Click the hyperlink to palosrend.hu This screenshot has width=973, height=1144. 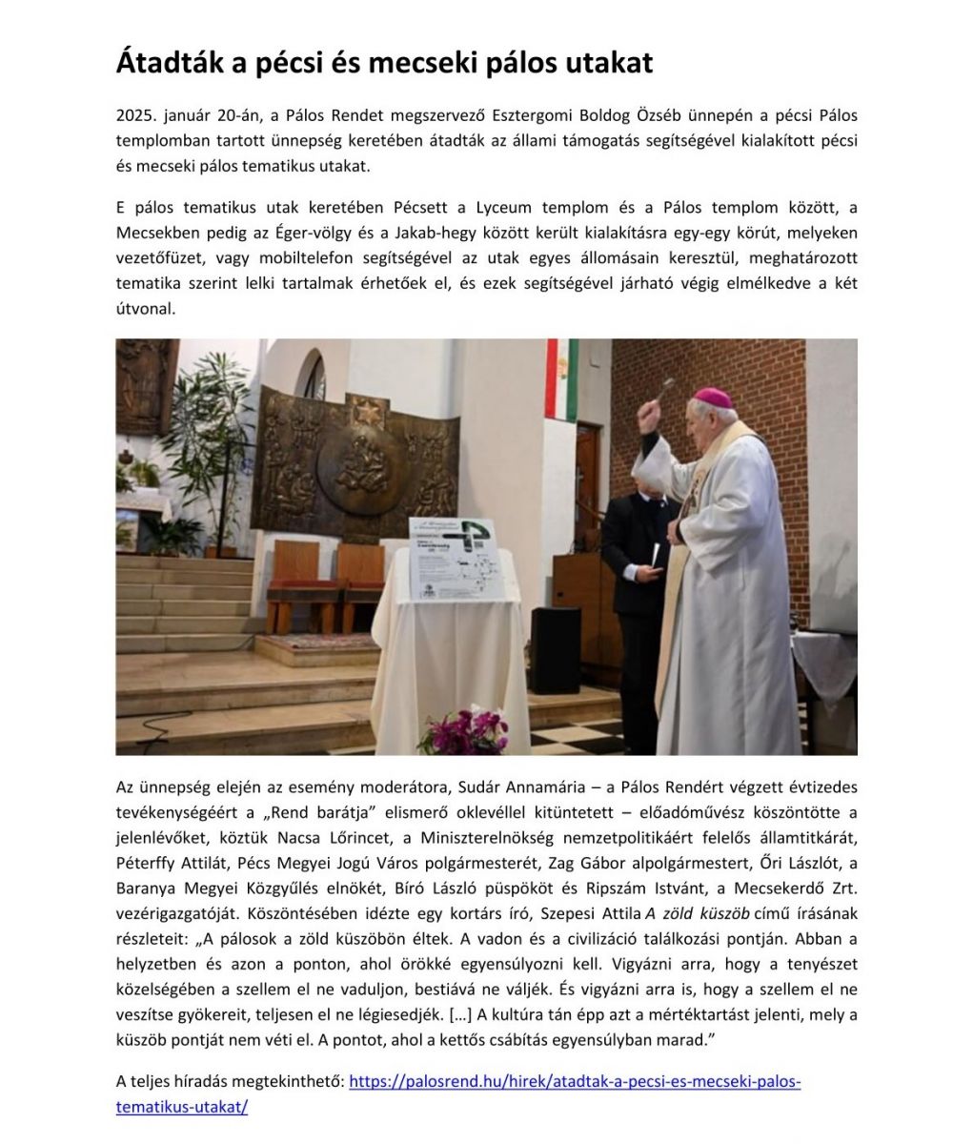coord(574,1082)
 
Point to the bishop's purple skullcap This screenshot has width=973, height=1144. coord(713,398)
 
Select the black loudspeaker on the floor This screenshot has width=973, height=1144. coord(556,649)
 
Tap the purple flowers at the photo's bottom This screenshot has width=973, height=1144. coord(463,732)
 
